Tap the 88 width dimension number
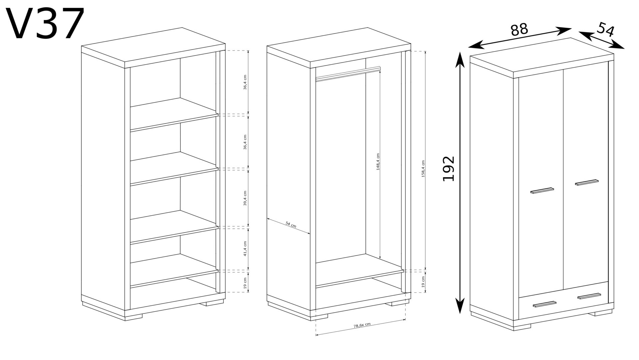point(519,29)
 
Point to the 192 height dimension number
point(449,168)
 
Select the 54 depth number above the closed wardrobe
point(605,29)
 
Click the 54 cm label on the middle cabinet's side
point(291,225)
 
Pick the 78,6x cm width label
point(362,325)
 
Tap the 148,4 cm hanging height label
point(378,162)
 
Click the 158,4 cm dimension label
point(423,168)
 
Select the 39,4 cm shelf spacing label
point(245,198)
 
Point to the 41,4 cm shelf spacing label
point(245,248)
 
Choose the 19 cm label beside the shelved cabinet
point(245,283)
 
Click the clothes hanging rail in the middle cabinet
point(348,74)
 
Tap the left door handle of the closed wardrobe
point(542,190)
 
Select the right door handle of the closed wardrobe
point(586,182)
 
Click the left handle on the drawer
point(544,304)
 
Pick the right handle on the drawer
point(589,296)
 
